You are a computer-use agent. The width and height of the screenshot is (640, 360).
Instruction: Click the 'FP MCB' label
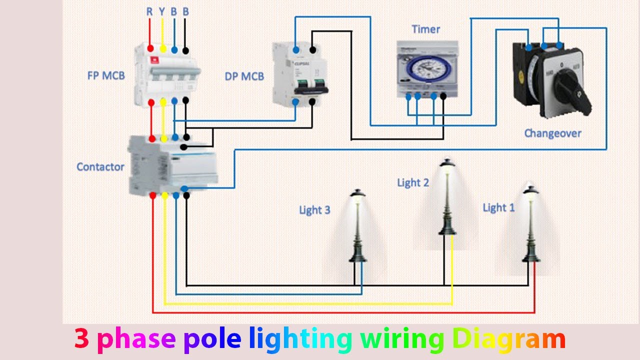click(105, 76)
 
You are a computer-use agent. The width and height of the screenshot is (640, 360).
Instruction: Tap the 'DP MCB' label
click(244, 76)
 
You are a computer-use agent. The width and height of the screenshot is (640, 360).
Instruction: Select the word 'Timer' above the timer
click(425, 29)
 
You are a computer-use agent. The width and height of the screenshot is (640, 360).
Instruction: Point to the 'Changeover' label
click(552, 133)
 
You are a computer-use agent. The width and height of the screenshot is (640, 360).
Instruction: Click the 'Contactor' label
click(100, 166)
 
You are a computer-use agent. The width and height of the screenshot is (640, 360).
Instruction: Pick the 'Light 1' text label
click(498, 207)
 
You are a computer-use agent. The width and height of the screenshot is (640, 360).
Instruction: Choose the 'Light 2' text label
click(413, 182)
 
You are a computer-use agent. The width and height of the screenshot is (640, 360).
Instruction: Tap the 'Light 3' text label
click(314, 210)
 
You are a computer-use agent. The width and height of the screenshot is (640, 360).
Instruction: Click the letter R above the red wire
click(149, 11)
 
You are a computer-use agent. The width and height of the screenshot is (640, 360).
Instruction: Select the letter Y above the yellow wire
click(162, 11)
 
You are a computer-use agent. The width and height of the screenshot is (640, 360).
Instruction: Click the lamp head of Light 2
click(447, 163)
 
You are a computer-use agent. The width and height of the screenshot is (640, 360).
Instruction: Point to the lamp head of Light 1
click(530, 190)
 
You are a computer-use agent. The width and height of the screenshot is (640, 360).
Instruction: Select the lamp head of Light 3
click(357, 193)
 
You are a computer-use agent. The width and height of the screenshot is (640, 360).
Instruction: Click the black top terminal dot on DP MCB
click(312, 50)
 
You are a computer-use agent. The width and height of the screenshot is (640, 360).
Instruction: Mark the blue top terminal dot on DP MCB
click(296, 50)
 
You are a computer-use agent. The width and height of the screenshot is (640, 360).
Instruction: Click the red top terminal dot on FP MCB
click(150, 50)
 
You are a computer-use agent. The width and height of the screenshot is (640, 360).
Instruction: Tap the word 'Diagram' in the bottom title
click(508, 339)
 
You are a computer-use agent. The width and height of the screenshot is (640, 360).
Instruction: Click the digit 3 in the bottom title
click(82, 339)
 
